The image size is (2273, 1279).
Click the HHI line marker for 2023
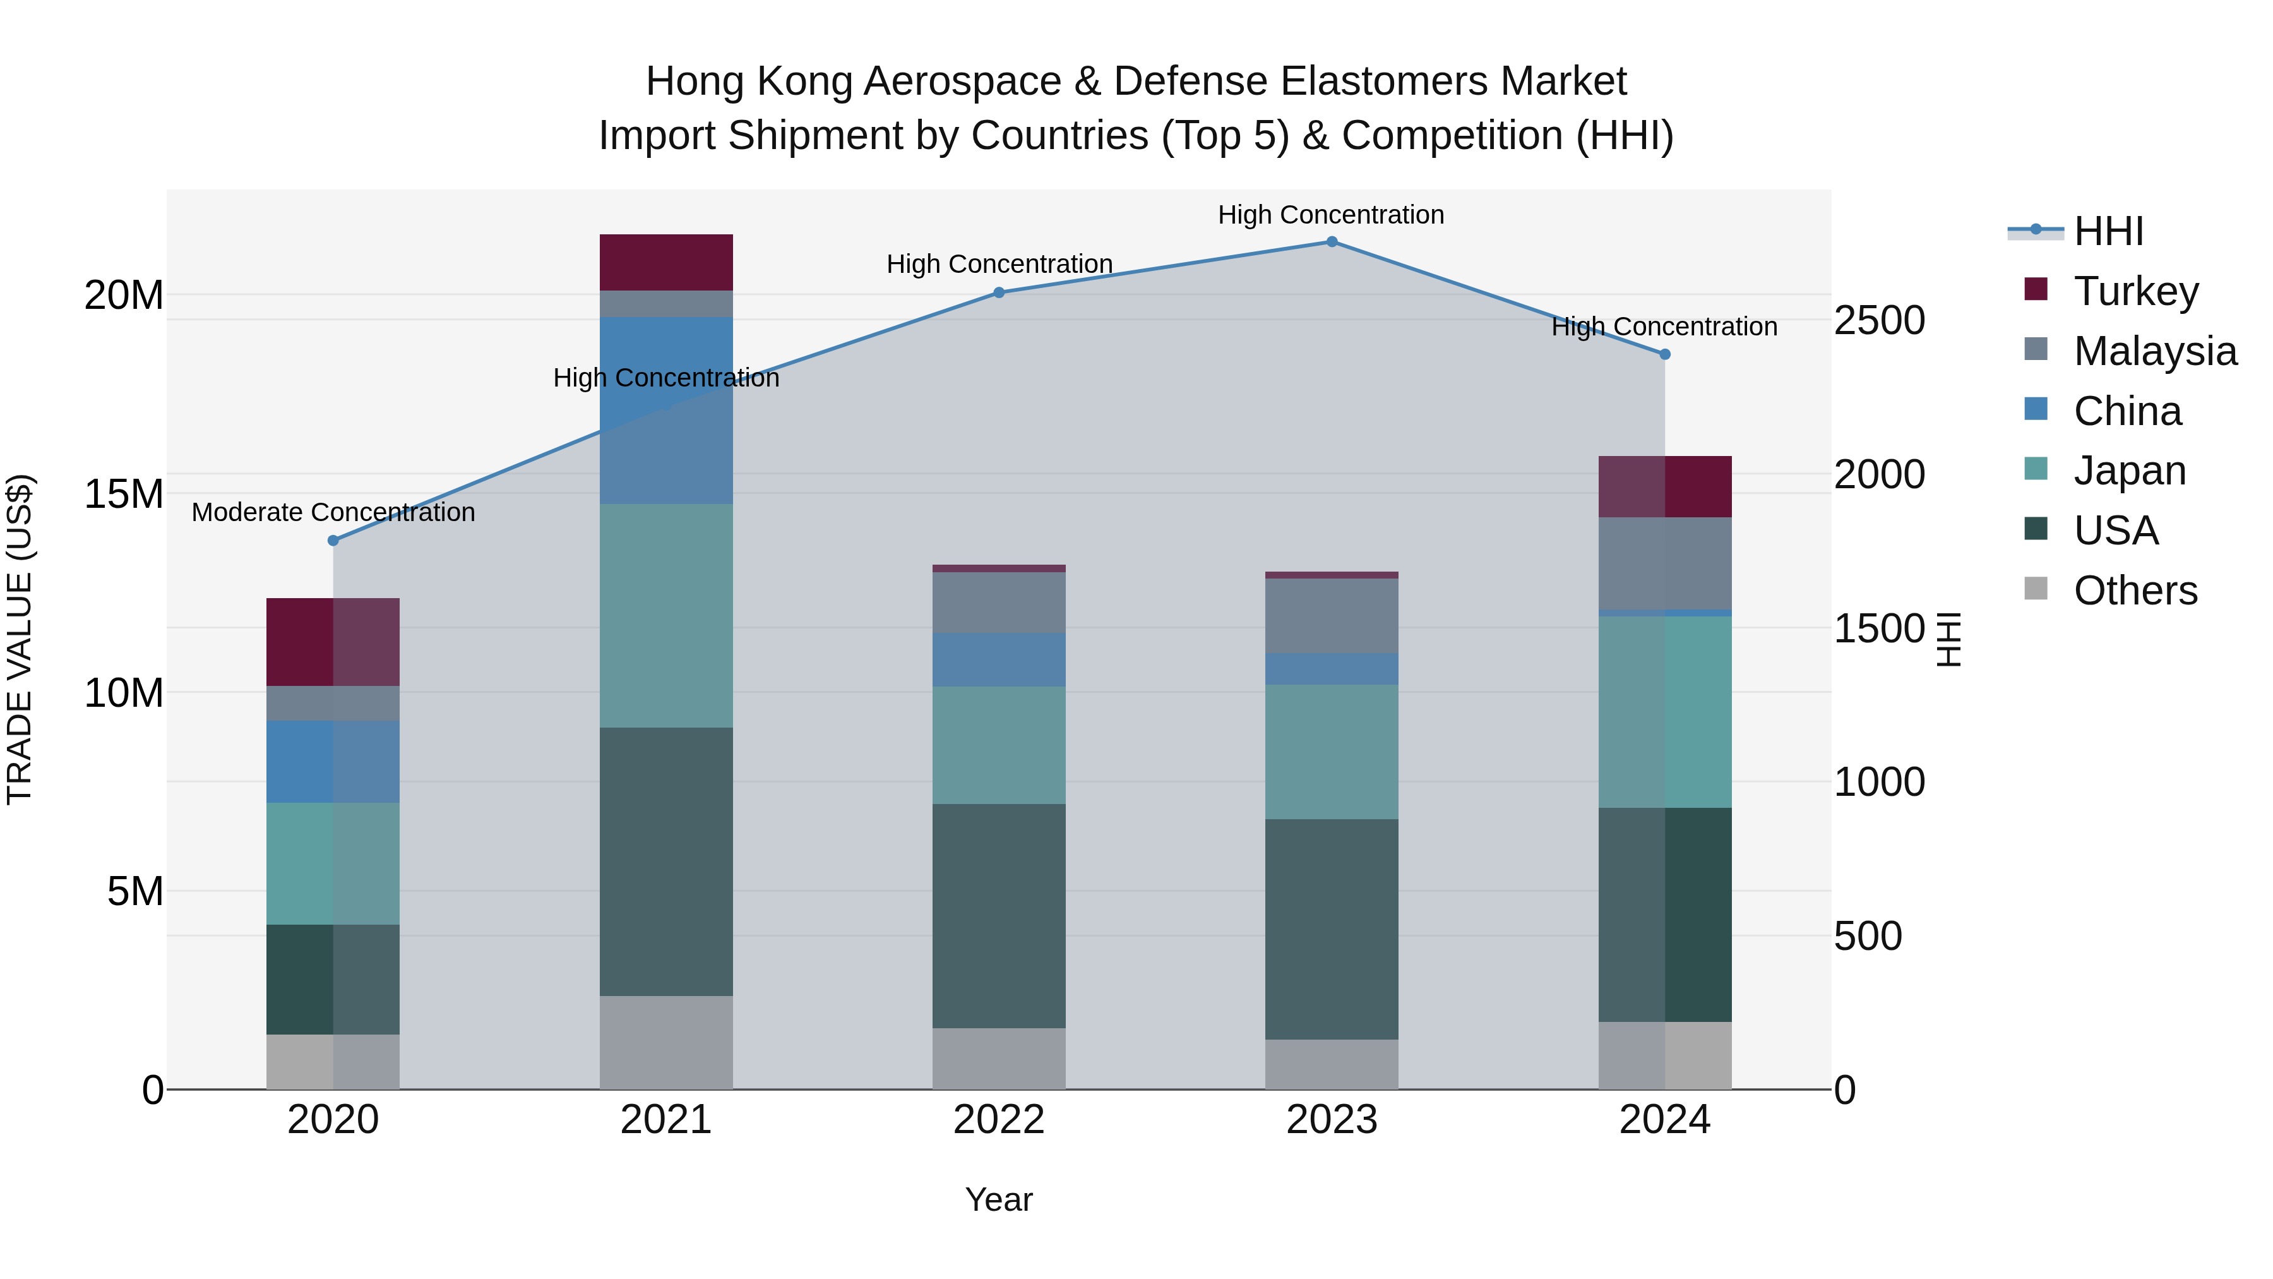click(x=1332, y=242)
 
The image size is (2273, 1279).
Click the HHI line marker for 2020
click(x=333, y=540)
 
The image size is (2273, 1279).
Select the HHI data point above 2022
click(x=999, y=292)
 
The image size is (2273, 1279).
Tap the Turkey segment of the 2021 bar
click(x=666, y=262)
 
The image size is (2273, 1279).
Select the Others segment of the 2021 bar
click(x=666, y=1042)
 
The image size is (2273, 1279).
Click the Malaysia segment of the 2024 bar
click(x=1665, y=563)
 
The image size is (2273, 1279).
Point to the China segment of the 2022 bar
click(x=999, y=659)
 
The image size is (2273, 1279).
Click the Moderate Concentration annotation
click(x=333, y=512)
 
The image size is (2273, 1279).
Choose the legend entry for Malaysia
click(x=2155, y=351)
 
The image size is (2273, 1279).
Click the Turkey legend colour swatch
click(x=2036, y=289)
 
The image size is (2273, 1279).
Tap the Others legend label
click(x=2135, y=591)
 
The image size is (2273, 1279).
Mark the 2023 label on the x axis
click(x=1332, y=1120)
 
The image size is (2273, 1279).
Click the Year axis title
click(x=999, y=1199)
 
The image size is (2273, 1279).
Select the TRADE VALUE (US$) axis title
click(x=20, y=639)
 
